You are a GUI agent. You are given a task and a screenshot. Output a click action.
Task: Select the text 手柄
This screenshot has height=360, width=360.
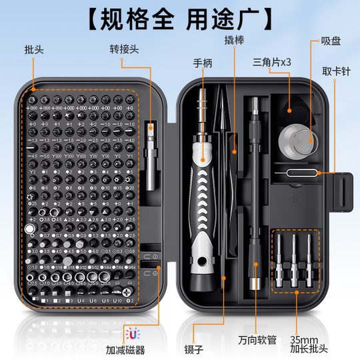click(x=204, y=65)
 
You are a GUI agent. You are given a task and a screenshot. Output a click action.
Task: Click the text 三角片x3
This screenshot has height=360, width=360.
click(x=272, y=62)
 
